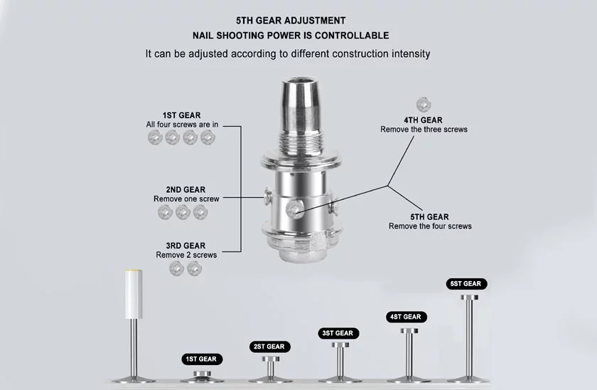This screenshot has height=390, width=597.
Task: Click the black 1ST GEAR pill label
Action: [x=201, y=359]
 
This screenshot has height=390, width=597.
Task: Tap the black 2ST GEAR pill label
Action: [x=269, y=347]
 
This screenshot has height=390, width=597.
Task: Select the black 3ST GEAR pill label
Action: [x=338, y=333]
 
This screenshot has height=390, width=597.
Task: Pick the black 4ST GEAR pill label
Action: [x=407, y=317]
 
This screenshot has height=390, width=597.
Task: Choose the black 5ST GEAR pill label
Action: [x=466, y=284]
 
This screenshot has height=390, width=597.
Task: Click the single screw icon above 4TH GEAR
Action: [x=424, y=105]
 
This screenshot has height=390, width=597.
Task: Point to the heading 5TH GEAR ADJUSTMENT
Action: [x=291, y=21]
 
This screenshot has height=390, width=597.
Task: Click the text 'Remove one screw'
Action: [x=186, y=199]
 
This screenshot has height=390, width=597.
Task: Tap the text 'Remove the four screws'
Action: [x=430, y=226]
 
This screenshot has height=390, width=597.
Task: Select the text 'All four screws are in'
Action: [x=182, y=125]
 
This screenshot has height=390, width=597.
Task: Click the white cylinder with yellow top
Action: [x=134, y=294]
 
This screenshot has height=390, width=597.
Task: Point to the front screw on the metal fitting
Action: [x=295, y=210]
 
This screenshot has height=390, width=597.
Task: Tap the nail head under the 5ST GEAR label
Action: [x=470, y=297]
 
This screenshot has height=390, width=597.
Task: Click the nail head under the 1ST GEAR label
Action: [x=202, y=374]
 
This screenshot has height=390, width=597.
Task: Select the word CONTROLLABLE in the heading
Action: [x=351, y=36]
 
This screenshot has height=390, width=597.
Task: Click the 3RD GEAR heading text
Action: [x=185, y=246]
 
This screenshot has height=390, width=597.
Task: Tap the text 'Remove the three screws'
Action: [x=424, y=130]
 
